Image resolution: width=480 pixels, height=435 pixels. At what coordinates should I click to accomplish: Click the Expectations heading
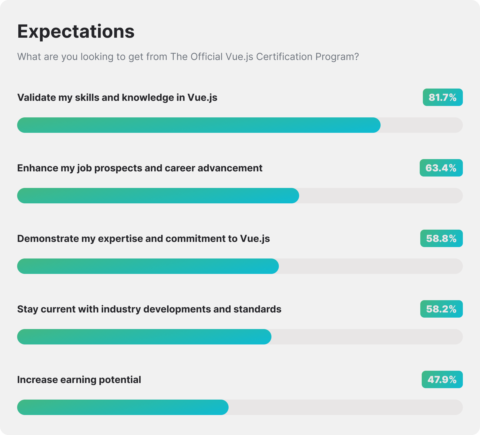76,31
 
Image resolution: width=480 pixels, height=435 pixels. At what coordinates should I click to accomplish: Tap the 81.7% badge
443,97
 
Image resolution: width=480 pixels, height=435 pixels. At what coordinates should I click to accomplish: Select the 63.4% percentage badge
441,168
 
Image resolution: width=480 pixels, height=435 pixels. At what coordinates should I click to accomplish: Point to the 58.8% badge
441,238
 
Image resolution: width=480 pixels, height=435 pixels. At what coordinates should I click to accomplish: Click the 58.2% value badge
441,309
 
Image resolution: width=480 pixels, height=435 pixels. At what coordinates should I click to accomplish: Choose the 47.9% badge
442,380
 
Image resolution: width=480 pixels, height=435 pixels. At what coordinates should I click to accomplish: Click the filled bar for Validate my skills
199,125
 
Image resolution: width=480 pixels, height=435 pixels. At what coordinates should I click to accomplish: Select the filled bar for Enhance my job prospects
158,196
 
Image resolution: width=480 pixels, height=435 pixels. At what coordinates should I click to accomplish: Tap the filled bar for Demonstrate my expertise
148,266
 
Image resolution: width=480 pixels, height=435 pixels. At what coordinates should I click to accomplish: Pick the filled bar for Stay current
144,337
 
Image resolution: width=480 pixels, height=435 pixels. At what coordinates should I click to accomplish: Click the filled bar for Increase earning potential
123,407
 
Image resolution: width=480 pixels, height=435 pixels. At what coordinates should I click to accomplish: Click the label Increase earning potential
79,380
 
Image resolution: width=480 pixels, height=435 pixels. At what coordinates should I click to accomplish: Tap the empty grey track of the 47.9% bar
346,407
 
